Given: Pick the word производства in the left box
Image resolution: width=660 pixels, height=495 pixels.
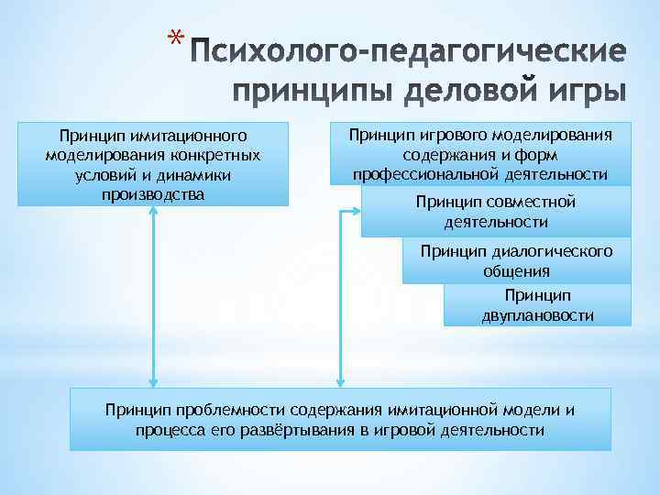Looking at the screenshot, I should (x=153, y=194).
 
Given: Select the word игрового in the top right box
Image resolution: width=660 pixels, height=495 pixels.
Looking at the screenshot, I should (x=446, y=136).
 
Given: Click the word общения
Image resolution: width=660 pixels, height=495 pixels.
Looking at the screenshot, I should (x=516, y=270).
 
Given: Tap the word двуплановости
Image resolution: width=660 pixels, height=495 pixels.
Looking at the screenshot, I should (x=537, y=315).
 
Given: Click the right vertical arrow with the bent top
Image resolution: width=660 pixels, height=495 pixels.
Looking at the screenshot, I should (x=341, y=293).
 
